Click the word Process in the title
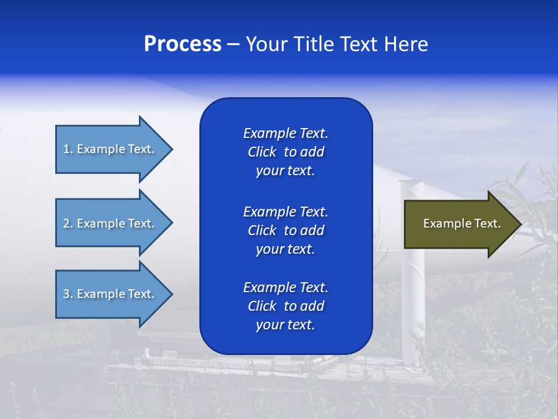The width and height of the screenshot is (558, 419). (x=183, y=44)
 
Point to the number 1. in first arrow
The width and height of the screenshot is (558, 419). (x=68, y=149)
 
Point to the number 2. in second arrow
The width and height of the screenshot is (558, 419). (x=68, y=223)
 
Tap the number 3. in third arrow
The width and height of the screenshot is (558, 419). (x=68, y=294)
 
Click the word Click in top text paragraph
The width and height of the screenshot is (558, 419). (x=262, y=152)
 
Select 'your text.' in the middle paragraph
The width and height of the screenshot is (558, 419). (x=285, y=249)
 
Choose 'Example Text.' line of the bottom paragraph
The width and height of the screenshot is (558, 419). (x=285, y=287)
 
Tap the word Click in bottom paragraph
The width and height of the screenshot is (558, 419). (x=262, y=306)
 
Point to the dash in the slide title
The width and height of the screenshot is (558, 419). (x=234, y=44)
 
